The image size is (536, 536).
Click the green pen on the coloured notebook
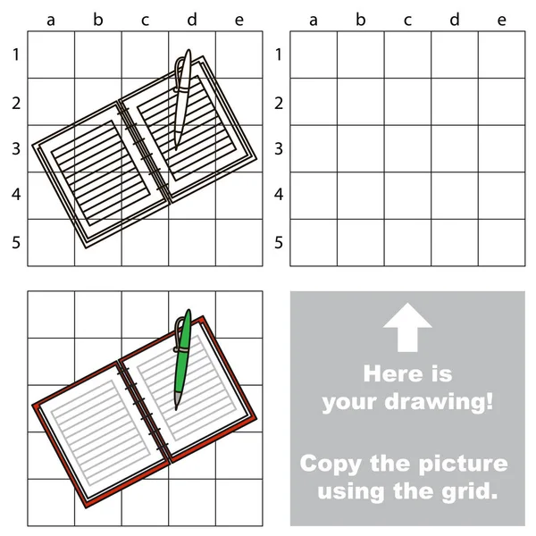coord(181,357)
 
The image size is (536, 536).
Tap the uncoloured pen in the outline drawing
coord(181,98)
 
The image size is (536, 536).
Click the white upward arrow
coord(407,327)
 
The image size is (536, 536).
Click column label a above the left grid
coord(51,20)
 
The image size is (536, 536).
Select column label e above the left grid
coord(239,20)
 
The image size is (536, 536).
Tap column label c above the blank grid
coord(408,20)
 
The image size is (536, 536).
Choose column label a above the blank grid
coord(314,20)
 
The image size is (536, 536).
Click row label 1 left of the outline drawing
coord(16,55)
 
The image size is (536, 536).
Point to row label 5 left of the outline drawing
coord(16,242)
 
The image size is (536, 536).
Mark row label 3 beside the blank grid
coord(279,148)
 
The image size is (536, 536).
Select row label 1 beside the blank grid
coord(279,55)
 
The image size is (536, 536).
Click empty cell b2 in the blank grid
coord(361,102)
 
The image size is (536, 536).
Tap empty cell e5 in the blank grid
coord(502,242)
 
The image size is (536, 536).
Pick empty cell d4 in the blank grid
coord(455,196)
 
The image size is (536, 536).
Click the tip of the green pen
coord(176,407)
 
